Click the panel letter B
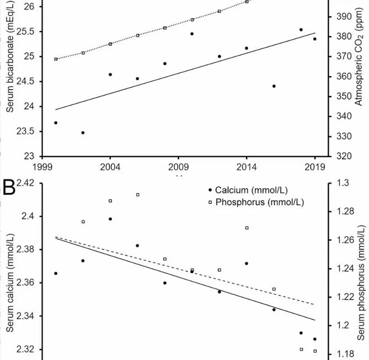[x=9, y=188]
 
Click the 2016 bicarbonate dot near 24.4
[x=274, y=86]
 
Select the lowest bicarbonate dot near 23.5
[x=83, y=133]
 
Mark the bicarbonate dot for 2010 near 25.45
[x=192, y=34]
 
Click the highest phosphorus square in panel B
[x=138, y=194]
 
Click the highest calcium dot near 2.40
[x=110, y=219]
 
